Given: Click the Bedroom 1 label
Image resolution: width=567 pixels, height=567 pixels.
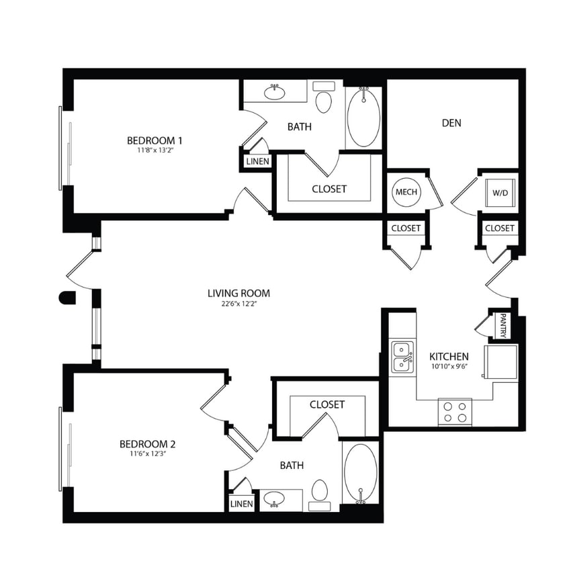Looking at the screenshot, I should [155, 140].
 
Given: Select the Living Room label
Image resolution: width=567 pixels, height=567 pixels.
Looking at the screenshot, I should [238, 293].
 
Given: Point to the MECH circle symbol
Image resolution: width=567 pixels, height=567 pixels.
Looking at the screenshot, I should [406, 192].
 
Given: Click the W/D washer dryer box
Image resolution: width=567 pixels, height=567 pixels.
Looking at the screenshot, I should [501, 193].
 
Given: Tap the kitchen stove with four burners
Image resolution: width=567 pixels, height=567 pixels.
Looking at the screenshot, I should [455, 411].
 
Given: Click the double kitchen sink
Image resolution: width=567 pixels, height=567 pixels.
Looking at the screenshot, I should [402, 357].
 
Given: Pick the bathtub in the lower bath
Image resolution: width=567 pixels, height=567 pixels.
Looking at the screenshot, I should [361, 474].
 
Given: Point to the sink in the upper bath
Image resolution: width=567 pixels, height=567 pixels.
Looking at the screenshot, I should [274, 92].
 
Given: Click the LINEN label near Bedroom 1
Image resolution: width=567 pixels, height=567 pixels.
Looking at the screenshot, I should [258, 162].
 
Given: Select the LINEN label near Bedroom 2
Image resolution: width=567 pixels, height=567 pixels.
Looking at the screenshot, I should [242, 504].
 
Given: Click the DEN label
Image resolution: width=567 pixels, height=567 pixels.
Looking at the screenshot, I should [451, 123].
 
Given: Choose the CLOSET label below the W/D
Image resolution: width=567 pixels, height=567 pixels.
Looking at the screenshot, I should [500, 228].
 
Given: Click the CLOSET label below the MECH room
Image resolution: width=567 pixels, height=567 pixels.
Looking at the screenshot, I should [406, 228].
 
